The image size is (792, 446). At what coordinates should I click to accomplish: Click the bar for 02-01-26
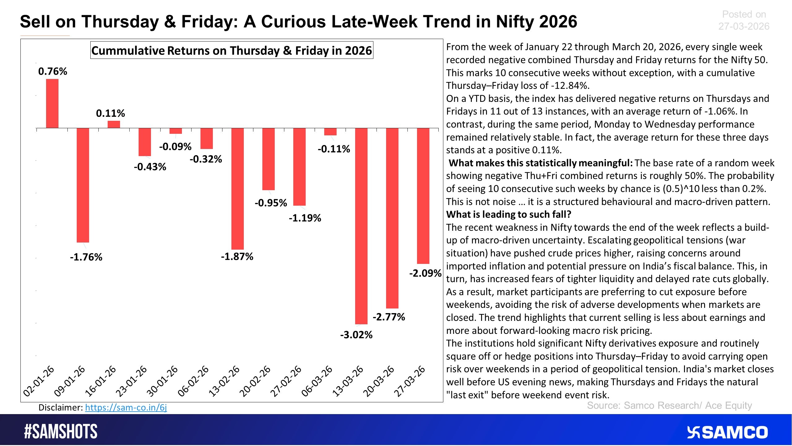[52, 103]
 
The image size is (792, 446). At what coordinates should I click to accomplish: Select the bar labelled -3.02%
[361, 226]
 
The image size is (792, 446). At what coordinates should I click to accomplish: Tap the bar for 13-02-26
[238, 189]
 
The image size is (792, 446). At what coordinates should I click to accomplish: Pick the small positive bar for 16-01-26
[114, 124]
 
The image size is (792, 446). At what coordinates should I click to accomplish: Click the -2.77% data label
[389, 317]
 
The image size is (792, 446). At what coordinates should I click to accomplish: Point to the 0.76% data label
[53, 72]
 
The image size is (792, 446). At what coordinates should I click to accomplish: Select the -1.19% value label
[305, 218]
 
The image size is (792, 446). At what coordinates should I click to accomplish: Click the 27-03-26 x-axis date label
[410, 381]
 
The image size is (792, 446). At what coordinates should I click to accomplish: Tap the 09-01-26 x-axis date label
[69, 381]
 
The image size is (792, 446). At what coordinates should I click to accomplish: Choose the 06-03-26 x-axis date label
[317, 381]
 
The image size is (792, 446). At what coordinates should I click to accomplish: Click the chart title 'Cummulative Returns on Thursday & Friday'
[232, 50]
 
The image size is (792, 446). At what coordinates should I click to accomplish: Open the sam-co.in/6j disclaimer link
[126, 408]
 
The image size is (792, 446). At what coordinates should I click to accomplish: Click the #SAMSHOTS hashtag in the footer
[61, 431]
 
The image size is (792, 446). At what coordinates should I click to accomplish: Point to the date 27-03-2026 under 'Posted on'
[744, 26]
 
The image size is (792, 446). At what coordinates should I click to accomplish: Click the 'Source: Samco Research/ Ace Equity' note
[669, 405]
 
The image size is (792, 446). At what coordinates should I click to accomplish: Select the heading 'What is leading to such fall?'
[509, 214]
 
